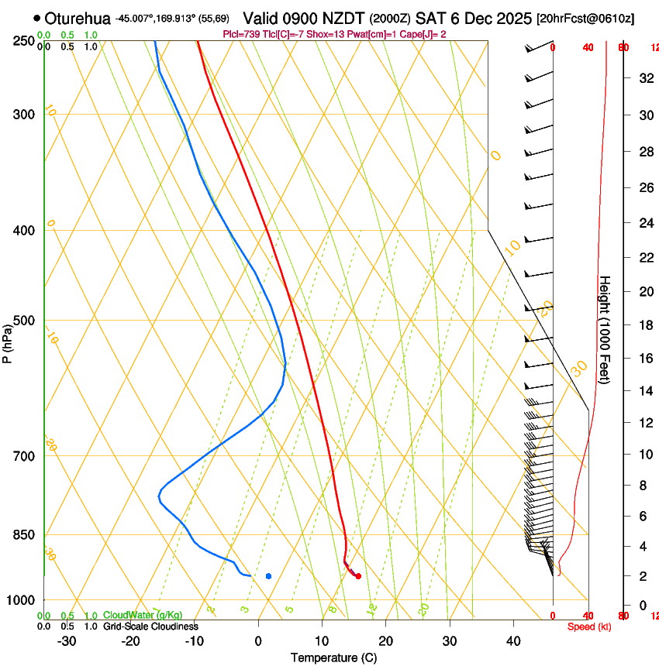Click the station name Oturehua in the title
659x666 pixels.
pyautogui.click(x=78, y=18)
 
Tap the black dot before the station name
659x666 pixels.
pyautogui.click(x=36, y=18)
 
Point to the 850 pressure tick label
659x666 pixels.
pyautogui.click(x=25, y=535)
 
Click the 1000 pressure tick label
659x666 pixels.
pyautogui.click(x=22, y=600)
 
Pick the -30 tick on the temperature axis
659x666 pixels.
pyautogui.click(x=67, y=641)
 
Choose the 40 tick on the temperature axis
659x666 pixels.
pyautogui.click(x=512, y=641)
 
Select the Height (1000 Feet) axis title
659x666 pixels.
pyautogui.click(x=606, y=329)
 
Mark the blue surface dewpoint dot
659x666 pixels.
pyautogui.click(x=268, y=576)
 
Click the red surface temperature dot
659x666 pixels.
pyautogui.click(x=357, y=575)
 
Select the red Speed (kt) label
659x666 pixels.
pyautogui.click(x=588, y=627)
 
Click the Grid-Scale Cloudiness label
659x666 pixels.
pyautogui.click(x=150, y=627)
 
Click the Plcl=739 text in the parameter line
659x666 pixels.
pyautogui.click(x=239, y=34)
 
